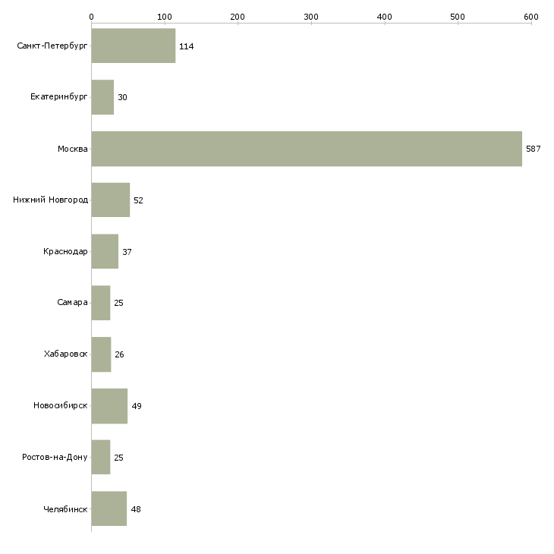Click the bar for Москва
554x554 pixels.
point(307,149)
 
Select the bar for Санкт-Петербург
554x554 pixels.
point(134,46)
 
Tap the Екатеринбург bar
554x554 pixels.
point(102,97)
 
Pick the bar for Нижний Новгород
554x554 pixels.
point(111,200)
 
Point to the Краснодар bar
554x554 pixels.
point(105,251)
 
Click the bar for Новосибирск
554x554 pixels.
point(109,406)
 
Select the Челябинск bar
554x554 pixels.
point(109,508)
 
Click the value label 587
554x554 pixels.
point(533,149)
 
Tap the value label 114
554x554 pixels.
point(186,47)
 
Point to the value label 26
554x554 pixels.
point(120,354)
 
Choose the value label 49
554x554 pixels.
point(137,406)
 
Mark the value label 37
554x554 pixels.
point(127,251)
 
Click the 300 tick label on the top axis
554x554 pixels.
point(310,17)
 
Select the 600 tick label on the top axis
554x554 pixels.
point(530,17)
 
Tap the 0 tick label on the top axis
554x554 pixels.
point(91,17)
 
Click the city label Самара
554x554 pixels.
point(72,303)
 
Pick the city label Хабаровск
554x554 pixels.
point(65,354)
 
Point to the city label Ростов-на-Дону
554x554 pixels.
point(55,458)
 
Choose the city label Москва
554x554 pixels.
point(72,149)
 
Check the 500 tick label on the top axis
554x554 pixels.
point(457,17)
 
